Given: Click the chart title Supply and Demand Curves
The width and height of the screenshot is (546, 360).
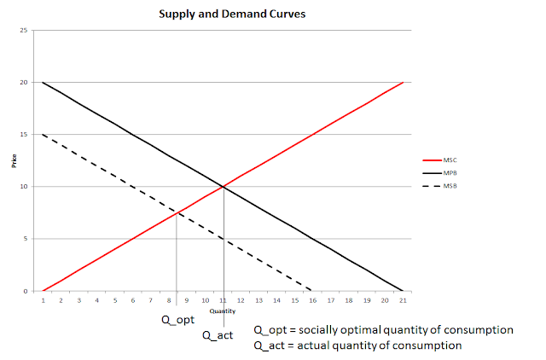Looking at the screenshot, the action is (232, 14).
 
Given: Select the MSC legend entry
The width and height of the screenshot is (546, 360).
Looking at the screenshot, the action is (440, 160).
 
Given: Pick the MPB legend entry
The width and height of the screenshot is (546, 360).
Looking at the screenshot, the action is (440, 173).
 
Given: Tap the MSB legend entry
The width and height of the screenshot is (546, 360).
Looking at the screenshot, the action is (440, 186).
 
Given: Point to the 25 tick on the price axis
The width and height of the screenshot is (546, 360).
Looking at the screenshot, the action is (24, 31).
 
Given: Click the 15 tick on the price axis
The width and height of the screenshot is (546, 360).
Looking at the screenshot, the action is (24, 135).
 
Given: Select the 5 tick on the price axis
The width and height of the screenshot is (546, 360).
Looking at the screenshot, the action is (26, 239).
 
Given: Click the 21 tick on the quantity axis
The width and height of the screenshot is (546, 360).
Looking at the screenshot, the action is (403, 300).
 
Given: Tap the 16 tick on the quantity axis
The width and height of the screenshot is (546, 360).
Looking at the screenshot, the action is (313, 300).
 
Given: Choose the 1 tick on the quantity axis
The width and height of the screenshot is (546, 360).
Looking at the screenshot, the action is (44, 300).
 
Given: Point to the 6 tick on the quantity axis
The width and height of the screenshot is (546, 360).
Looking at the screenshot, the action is (133, 300).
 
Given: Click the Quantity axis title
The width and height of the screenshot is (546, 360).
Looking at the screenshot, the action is (223, 311).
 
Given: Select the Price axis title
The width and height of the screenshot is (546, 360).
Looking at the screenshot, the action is (14, 161).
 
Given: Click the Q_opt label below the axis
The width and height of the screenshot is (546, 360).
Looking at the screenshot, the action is (178, 320).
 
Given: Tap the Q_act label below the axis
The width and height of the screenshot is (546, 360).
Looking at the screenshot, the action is (218, 335).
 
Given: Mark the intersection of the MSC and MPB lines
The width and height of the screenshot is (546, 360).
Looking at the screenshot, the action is (224, 187).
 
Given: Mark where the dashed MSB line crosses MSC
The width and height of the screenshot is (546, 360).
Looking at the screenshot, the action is (177, 212).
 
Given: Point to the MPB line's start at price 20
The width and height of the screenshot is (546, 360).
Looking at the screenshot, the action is (43, 83).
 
